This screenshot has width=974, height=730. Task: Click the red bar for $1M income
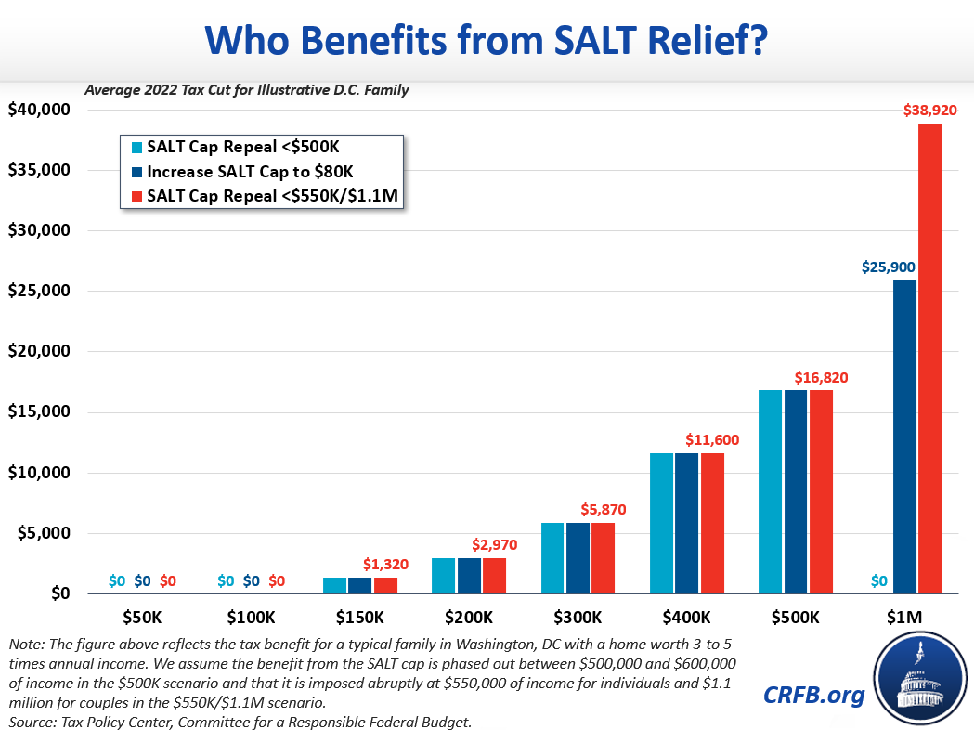click(x=929, y=358)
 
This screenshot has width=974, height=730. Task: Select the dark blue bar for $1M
click(x=903, y=437)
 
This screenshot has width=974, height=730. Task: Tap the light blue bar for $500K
click(x=771, y=491)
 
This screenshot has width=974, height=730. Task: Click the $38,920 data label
click(x=929, y=110)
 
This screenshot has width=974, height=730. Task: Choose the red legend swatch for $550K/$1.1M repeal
click(x=136, y=196)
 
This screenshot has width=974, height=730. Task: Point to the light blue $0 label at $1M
click(x=877, y=582)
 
